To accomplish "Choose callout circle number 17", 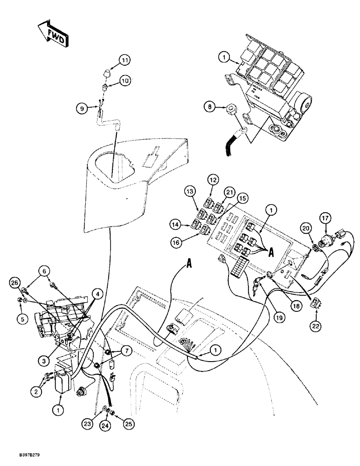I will click(325, 217).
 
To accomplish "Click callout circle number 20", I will click(306, 228).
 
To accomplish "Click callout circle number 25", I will click(125, 425).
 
